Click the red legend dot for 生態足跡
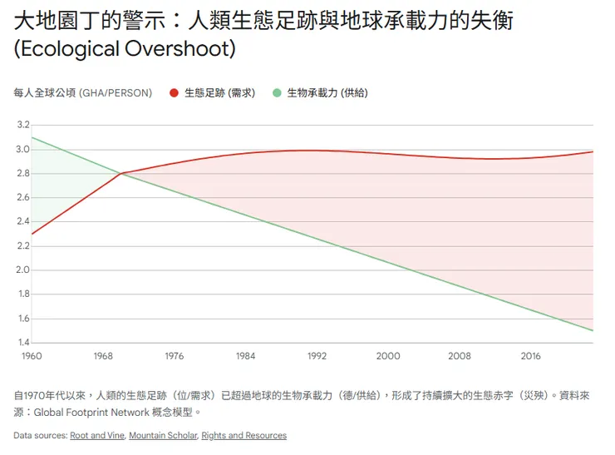174,93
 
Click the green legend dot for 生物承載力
278,93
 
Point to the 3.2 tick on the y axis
22,125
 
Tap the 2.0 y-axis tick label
22,270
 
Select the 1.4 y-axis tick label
22,342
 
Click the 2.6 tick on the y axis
22,197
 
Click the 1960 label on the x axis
32,356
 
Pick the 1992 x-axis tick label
317,356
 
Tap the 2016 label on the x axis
530,356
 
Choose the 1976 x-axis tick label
175,356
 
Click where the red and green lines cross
121,173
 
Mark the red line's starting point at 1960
32,234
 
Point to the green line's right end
593,330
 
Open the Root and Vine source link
96,436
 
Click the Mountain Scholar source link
163,436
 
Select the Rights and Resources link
244,436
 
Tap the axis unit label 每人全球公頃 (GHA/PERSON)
83,93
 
